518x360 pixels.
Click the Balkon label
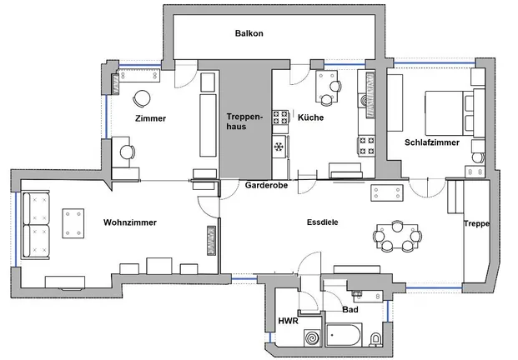pyautogui.click(x=249, y=33)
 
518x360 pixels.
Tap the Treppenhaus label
pyautogui.click(x=244, y=122)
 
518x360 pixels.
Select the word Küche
pyautogui.click(x=310, y=117)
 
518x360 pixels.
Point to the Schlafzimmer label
pyautogui.click(x=432, y=142)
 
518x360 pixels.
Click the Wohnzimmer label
pyautogui.click(x=130, y=222)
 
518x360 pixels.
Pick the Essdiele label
pyautogui.click(x=323, y=222)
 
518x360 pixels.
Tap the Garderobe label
pyautogui.click(x=266, y=186)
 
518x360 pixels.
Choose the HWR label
pyautogui.click(x=288, y=321)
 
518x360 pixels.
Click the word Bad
pyautogui.click(x=350, y=310)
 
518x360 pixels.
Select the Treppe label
pyautogui.click(x=476, y=223)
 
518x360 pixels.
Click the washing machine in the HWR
pyautogui.click(x=312, y=337)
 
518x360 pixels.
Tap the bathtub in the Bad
pyautogui.click(x=344, y=335)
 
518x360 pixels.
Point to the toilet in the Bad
pyautogui.click(x=375, y=339)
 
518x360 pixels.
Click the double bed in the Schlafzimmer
pyautogui.click(x=450, y=112)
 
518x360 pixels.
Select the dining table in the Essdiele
pyautogui.click(x=397, y=237)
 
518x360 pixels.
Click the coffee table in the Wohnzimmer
pyautogui.click(x=73, y=223)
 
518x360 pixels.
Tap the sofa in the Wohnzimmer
pyautogui.click(x=37, y=225)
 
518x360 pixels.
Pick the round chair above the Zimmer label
pyautogui.click(x=142, y=98)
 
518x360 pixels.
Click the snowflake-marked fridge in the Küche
pyautogui.click(x=279, y=146)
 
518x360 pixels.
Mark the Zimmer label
pyautogui.click(x=150, y=118)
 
